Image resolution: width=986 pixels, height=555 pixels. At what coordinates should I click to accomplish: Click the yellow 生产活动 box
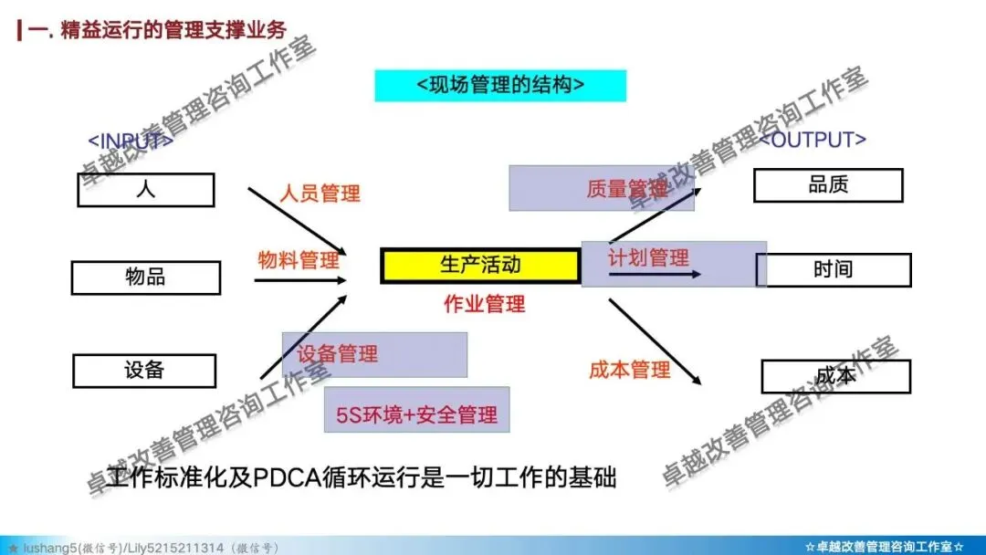pos(480,265)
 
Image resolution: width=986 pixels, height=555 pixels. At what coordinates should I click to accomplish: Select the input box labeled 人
pos(146,190)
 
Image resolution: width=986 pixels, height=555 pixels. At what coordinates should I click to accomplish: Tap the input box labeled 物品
pos(146,277)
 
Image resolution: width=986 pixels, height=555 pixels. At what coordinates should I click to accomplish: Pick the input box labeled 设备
pos(144,371)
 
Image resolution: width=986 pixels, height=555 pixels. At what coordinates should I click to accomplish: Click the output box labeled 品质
pos(828,185)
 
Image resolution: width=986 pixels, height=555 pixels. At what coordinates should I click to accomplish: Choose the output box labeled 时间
pos(833,270)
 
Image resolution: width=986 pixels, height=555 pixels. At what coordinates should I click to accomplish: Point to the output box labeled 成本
pos(835,376)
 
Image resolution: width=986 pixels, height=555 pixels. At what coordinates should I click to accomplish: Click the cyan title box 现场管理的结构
pos(500,85)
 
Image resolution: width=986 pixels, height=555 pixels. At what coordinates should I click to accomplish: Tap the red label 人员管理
pos(320,194)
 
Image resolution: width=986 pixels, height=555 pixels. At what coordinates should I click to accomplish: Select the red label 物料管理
pos(299,260)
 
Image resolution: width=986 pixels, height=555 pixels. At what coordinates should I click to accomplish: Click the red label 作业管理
pos(484,304)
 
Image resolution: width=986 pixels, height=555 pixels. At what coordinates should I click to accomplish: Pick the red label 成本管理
pos(630,370)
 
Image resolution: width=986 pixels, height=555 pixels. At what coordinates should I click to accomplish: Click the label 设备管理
pos(338,354)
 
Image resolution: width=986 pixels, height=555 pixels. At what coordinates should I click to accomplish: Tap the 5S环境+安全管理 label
pos(417,415)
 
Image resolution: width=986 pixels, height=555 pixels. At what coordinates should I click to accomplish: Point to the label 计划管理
pos(648,257)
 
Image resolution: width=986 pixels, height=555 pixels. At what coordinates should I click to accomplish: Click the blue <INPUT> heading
pos(131,141)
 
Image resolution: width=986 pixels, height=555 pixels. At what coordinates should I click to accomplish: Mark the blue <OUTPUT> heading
pos(813,140)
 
